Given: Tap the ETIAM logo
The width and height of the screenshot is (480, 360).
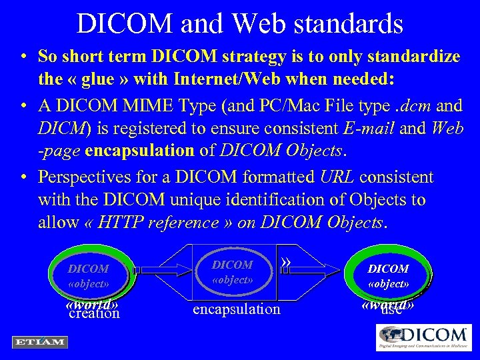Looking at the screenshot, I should (39, 341).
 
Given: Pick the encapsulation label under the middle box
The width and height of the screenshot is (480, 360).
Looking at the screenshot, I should (236, 309).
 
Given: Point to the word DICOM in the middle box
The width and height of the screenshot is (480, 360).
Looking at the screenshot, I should (232, 265).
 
